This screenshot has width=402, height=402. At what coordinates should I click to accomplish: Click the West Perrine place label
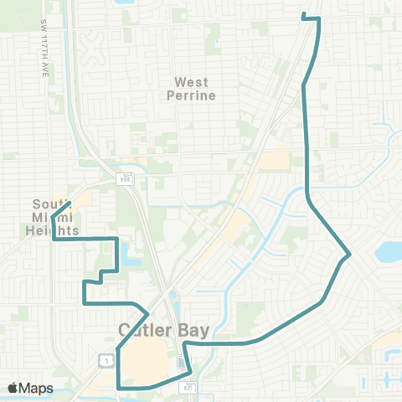(195, 89)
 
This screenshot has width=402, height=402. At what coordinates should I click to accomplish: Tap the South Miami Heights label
(55, 217)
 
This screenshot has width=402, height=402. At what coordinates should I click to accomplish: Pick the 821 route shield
(188, 386)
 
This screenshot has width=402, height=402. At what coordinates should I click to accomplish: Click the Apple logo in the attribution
(13, 388)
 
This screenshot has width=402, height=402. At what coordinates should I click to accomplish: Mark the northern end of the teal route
(302, 15)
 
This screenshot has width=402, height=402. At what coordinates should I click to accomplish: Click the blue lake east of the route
(389, 250)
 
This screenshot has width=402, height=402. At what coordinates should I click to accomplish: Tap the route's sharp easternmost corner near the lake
(348, 253)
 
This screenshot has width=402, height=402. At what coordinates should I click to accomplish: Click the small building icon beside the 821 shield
(183, 363)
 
